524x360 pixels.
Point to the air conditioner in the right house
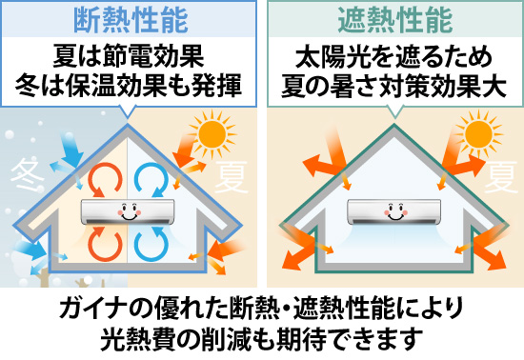tap(393, 210)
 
